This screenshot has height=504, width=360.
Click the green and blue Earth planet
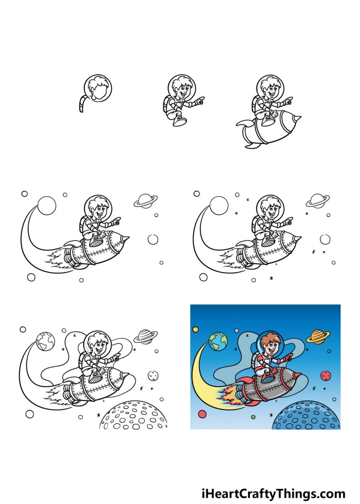point(217,341)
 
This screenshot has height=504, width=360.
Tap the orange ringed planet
point(316,336)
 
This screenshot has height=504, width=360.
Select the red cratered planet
point(325,376)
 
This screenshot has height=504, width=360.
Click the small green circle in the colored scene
point(253,417)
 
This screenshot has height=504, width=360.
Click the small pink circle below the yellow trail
point(202,414)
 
